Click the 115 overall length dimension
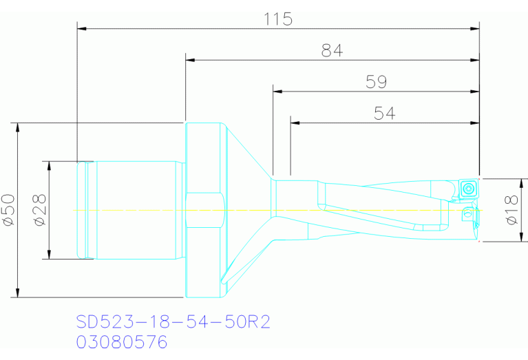[x=278, y=19]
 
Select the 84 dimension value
[x=332, y=50]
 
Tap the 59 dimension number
[x=376, y=82]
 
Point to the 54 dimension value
[x=384, y=113]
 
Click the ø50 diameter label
[x=9, y=210]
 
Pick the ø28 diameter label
[x=40, y=210]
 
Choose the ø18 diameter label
[x=512, y=210]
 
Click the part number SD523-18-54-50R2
[x=173, y=322]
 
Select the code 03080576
[x=122, y=342]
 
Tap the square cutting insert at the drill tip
[x=468, y=189]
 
